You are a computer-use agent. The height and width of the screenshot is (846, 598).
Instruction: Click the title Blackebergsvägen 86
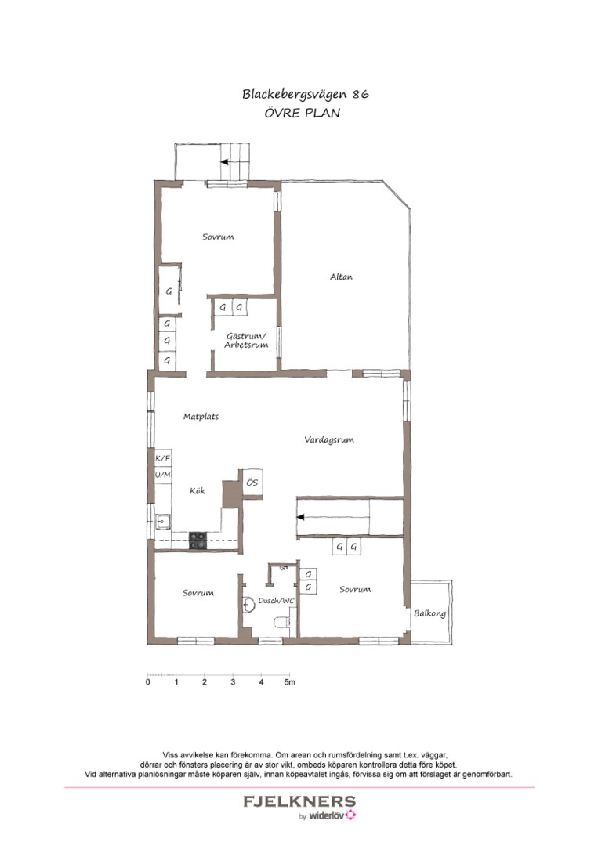tap(305, 94)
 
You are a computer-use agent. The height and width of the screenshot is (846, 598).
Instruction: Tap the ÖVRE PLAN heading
tap(305, 113)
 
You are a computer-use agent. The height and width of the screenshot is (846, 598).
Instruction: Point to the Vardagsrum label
tap(329, 440)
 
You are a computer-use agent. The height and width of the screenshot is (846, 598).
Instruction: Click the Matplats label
tap(201, 417)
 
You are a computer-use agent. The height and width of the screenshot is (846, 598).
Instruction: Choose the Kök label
tap(198, 491)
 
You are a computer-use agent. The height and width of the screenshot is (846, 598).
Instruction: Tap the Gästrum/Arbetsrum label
tap(246, 340)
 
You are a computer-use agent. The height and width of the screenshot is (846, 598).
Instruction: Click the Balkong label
tap(430, 613)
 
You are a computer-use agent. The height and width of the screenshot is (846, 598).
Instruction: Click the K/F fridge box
tap(163, 459)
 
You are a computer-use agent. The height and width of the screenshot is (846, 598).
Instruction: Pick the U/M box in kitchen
tap(163, 475)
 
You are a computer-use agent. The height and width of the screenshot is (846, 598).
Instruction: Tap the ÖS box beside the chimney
tap(252, 483)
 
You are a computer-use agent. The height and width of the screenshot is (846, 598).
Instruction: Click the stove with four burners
tap(198, 539)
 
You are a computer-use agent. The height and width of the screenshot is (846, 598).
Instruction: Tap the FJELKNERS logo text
tap(299, 802)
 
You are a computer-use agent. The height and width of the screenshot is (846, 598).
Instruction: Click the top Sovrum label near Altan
tap(218, 237)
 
